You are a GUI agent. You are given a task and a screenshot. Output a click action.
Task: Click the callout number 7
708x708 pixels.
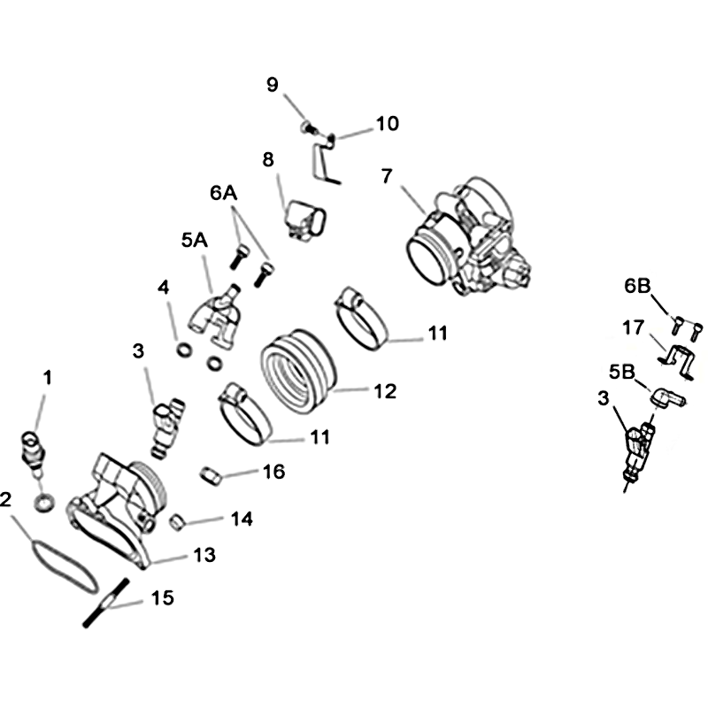pyautogui.click(x=387, y=176)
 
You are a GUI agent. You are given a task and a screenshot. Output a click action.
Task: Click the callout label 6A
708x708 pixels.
pyautogui.click(x=224, y=193)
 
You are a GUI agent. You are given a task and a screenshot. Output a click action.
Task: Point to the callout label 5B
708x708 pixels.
pyautogui.click(x=622, y=372)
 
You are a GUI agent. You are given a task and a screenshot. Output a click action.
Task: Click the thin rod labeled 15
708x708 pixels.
pyautogui.click(x=105, y=603)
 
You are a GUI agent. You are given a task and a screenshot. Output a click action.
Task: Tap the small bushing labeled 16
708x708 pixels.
pyautogui.click(x=211, y=476)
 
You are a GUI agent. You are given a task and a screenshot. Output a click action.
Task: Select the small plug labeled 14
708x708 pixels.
pyautogui.click(x=178, y=522)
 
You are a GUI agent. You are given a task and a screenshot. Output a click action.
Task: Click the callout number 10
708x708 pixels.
pyautogui.click(x=387, y=124)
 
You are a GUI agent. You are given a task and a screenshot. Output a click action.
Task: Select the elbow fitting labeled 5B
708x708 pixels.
pyautogui.click(x=668, y=398)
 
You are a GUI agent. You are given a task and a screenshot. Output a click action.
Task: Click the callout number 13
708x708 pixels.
pyautogui.click(x=204, y=555)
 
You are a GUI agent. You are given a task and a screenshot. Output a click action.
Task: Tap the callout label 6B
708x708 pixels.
pyautogui.click(x=637, y=286)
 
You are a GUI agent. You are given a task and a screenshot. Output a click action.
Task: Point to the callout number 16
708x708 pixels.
pyautogui.click(x=273, y=472)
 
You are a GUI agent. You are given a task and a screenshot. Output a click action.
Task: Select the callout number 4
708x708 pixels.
pyautogui.click(x=163, y=287)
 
